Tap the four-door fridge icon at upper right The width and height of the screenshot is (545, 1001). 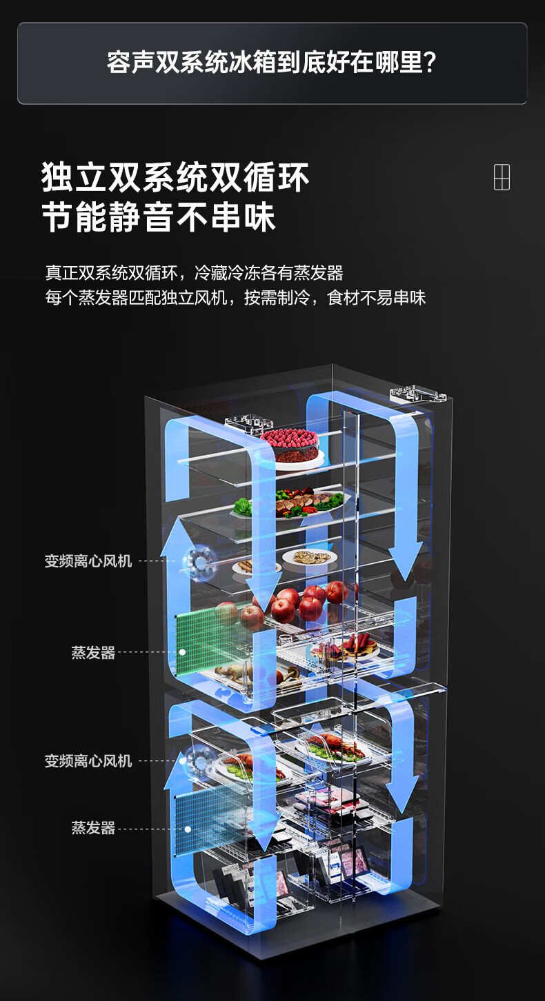tap(502, 177)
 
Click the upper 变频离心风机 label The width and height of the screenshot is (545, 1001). tap(88, 561)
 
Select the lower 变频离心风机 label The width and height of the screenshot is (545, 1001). tap(88, 761)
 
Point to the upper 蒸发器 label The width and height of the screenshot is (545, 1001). tap(93, 653)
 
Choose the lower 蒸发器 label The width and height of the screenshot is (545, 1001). tap(93, 828)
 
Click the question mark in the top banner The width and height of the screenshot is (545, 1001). tap(429, 63)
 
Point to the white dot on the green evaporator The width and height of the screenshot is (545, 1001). tap(182, 652)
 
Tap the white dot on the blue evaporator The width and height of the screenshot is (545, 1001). tap(188, 829)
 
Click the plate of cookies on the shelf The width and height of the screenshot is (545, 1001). tap(309, 557)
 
